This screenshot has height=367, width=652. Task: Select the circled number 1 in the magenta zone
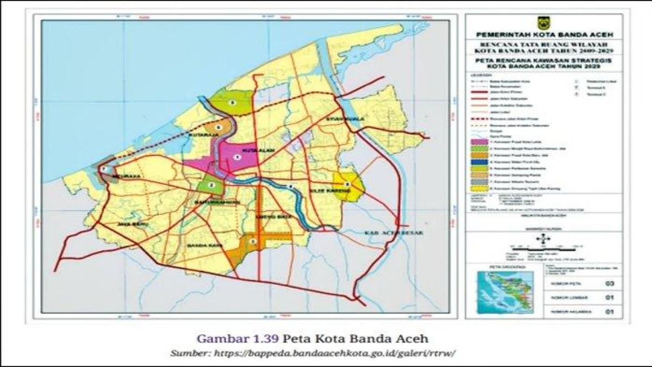pos(236,157)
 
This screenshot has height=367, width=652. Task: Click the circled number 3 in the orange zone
pos(253,241)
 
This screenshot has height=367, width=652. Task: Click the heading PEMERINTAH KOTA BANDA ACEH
pos(544,35)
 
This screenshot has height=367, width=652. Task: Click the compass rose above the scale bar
pos(542,239)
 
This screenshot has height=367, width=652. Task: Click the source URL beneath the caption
pos(312,352)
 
